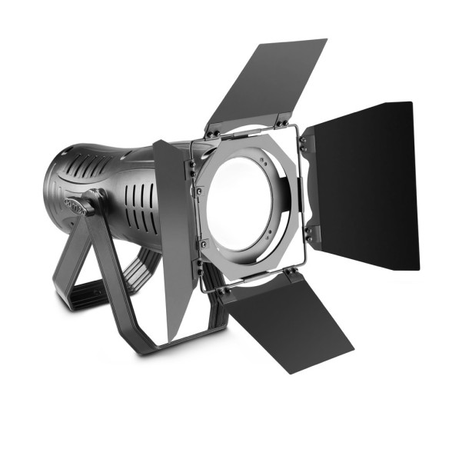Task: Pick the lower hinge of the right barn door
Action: point(308,231)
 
